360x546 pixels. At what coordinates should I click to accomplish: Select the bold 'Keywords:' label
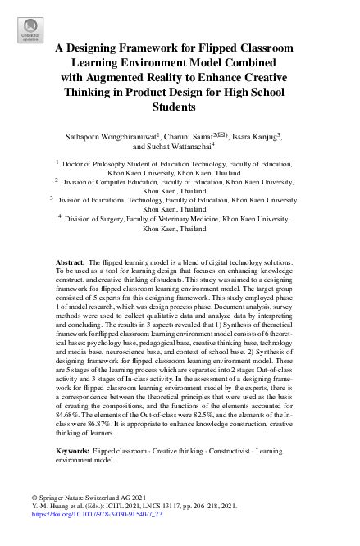(x=73, y=452)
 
